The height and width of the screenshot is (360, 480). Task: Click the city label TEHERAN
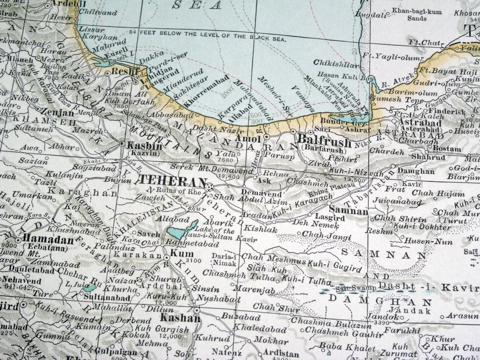point(172,180)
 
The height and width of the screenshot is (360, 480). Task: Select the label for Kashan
point(180,318)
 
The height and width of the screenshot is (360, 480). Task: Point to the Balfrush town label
point(324,141)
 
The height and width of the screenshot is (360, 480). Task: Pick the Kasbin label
point(144,145)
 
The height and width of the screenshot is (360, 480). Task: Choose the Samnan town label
point(348,211)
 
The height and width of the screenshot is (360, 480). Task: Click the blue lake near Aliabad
point(182,230)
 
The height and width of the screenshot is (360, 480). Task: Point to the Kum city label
point(178,253)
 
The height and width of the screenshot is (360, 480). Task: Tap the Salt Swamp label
point(355,288)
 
